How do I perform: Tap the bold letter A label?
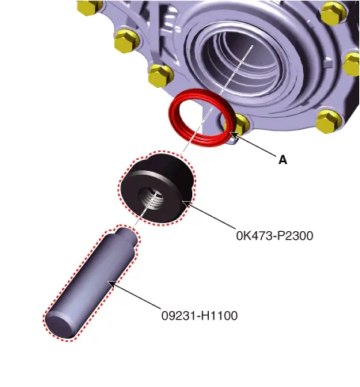point(282,160)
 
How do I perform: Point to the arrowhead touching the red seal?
point(233,135)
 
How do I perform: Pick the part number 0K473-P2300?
point(275,236)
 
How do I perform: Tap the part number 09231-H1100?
point(199,316)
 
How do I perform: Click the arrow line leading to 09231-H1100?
point(134,295)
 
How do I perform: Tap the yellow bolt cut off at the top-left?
point(89,6)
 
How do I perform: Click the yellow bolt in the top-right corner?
point(333,13)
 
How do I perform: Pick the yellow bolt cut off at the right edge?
point(351,64)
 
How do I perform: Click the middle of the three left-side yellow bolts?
point(127,41)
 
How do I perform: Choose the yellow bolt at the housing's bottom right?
point(328,121)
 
